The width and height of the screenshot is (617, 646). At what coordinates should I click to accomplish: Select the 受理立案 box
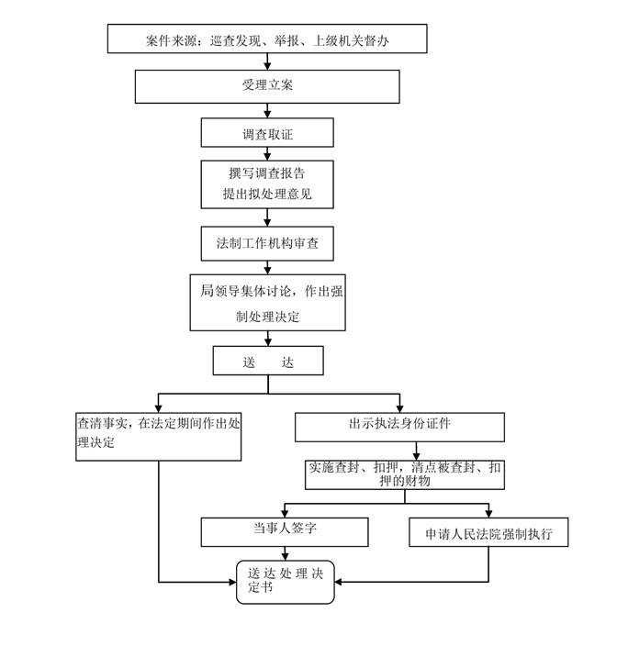[x=267, y=86]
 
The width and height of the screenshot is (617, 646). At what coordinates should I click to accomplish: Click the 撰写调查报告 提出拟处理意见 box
[x=267, y=184]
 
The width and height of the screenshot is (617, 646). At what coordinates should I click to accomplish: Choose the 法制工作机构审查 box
[x=267, y=243]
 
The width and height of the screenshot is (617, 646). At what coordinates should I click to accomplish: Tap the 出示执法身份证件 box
[x=399, y=427]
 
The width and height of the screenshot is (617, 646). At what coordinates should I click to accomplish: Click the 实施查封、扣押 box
[x=405, y=473]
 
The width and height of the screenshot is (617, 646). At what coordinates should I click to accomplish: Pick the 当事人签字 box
[x=285, y=531]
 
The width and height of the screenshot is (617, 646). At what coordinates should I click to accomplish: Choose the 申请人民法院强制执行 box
[x=488, y=532]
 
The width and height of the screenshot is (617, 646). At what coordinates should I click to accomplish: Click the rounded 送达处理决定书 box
[x=286, y=581]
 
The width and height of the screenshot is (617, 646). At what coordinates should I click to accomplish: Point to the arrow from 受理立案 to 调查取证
[x=267, y=111]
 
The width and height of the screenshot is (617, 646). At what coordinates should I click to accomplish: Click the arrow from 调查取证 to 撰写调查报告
[x=267, y=154]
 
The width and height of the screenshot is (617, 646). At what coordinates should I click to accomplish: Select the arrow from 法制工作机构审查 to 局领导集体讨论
[x=267, y=266]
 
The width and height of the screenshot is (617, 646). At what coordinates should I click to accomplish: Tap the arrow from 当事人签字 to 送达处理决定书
[x=286, y=552]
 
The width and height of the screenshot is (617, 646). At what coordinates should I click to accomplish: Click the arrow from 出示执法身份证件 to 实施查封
[x=418, y=450]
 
